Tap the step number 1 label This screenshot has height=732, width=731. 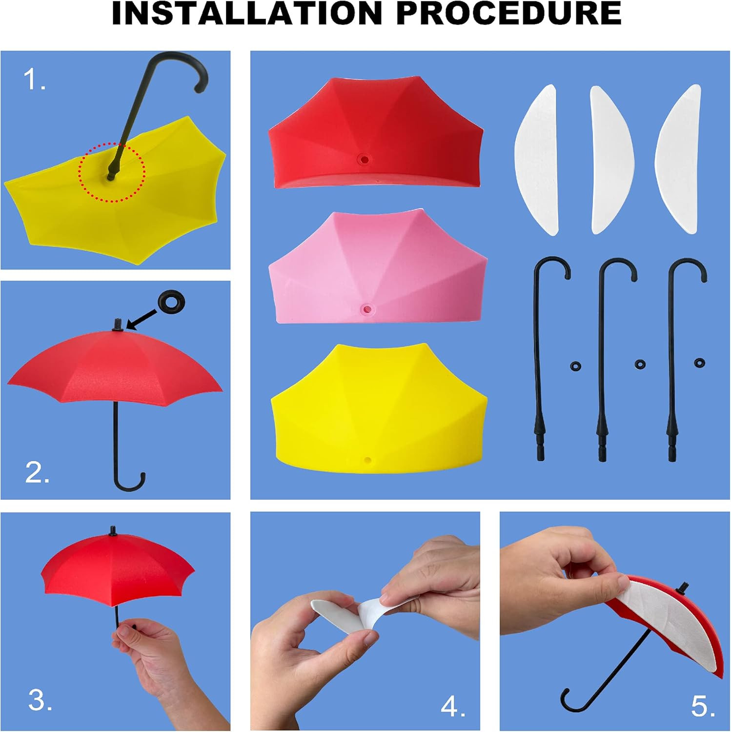(35, 80)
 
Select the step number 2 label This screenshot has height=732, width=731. (38, 472)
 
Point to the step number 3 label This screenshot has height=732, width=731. (41, 700)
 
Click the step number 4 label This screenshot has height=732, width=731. (453, 706)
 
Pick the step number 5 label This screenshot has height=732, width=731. (703, 706)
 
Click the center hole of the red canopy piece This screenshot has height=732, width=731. (363, 159)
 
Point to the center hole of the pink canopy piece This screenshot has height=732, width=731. (366, 309)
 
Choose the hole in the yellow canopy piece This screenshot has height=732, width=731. (367, 460)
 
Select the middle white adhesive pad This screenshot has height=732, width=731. (611, 160)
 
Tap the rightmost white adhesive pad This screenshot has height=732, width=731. (678, 159)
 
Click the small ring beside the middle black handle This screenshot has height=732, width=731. (640, 365)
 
